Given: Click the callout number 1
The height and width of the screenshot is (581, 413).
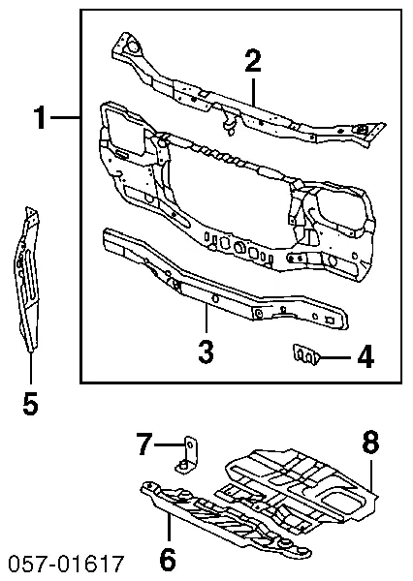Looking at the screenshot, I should point(40,120).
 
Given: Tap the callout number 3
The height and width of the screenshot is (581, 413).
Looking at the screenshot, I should point(206,352).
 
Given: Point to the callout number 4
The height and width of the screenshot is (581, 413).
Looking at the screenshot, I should point(364,358).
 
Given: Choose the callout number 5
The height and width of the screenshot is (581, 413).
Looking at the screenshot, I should point(30,403).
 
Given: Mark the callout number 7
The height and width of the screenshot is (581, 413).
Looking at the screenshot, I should point(144,445).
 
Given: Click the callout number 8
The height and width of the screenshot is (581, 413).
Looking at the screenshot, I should point(370,443).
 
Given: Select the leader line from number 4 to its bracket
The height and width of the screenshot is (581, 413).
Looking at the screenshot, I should point(334,357).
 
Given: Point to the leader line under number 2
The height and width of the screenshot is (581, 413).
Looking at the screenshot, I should point(254,92).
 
